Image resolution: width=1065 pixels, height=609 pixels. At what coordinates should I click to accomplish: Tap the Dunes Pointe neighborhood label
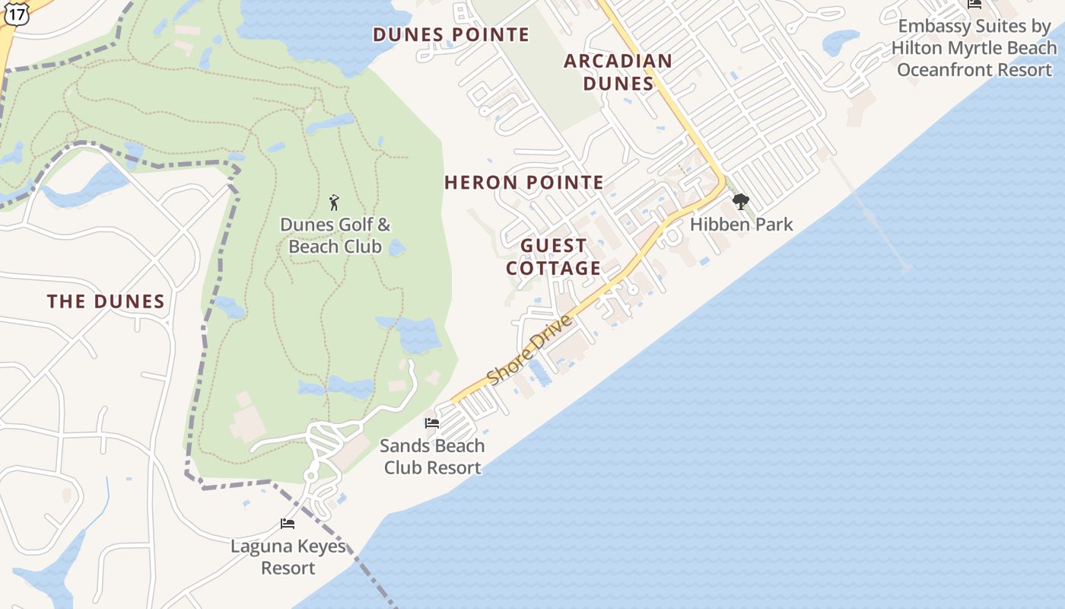(x=451, y=34)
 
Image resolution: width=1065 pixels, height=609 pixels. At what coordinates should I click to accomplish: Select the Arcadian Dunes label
(x=618, y=72)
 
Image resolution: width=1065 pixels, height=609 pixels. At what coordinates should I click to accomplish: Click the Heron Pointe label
(x=524, y=183)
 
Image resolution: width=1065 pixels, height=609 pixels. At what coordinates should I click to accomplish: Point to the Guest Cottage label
(x=554, y=257)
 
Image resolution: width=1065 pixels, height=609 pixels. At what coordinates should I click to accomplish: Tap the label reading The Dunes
(x=106, y=301)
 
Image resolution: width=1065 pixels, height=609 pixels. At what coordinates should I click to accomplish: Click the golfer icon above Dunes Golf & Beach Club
(x=334, y=202)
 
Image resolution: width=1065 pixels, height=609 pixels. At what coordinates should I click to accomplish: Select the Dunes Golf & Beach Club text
(x=335, y=235)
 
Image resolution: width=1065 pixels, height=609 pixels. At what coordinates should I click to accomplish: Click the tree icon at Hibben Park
(x=740, y=202)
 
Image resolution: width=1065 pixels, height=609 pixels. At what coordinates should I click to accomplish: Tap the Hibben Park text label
(x=742, y=225)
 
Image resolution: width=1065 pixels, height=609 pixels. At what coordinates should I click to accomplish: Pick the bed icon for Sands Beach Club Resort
(x=432, y=423)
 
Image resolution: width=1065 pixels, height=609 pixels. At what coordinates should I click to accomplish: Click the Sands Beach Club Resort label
(x=432, y=456)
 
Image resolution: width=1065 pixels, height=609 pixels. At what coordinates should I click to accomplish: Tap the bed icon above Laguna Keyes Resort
(x=288, y=524)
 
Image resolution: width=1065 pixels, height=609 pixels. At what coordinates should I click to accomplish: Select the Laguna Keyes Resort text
(x=288, y=557)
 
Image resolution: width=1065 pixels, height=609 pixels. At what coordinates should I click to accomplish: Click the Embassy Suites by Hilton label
(x=974, y=48)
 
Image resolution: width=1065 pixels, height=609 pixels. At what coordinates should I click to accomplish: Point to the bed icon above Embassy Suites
(x=974, y=4)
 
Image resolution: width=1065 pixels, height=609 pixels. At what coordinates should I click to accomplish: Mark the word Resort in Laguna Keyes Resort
(x=288, y=568)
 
